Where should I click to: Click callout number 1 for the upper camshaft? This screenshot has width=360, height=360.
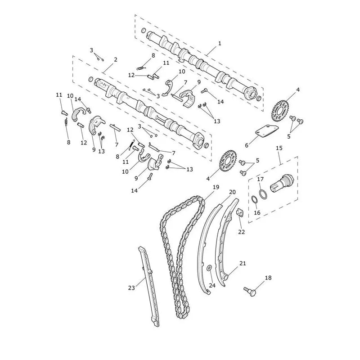click(220, 43)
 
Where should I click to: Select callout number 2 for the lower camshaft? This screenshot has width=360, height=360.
click(116, 60)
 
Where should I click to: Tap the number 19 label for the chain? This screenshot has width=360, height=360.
click(216, 187)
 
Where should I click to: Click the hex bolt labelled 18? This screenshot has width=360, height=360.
click(250, 291)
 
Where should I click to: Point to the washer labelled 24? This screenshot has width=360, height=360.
click(209, 268)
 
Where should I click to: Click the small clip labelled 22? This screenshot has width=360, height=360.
click(240, 212)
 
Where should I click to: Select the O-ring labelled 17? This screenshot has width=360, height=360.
click(263, 193)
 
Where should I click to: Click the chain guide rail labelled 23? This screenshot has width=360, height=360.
click(149, 287)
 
